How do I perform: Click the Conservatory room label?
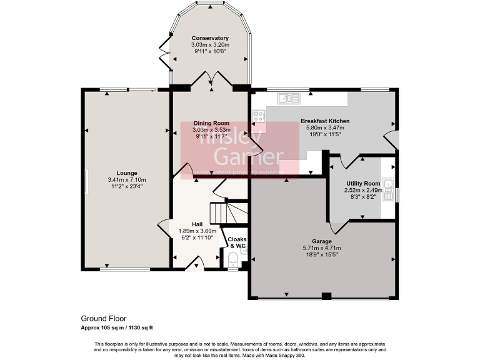[x=210, y=38]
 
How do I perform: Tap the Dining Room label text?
[x=211, y=123]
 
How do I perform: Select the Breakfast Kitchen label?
[x=324, y=121]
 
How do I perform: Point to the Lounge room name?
[x=126, y=173]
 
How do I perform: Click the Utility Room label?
[x=363, y=183]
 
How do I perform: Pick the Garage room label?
[x=322, y=241]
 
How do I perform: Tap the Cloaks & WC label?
[x=237, y=242]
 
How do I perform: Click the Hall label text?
[x=197, y=224]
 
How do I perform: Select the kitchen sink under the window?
[x=288, y=97]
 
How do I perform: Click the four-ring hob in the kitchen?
[x=258, y=116]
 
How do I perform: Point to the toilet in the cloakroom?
[x=233, y=261]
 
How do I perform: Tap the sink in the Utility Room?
[x=389, y=184]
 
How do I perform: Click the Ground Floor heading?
[x=103, y=318]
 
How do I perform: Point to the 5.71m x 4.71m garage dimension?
[x=322, y=248]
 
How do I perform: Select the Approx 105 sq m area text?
[x=117, y=327]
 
